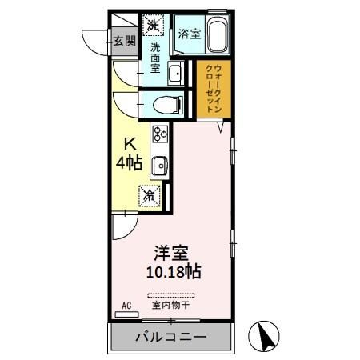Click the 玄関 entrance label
click(124, 42)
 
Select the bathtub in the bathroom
click(218, 35)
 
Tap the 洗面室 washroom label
click(155, 58)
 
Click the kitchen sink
click(159, 166)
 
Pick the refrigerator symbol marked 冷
click(150, 194)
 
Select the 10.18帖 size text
click(173, 271)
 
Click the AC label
click(126, 306)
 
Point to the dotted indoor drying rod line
click(170, 296)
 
